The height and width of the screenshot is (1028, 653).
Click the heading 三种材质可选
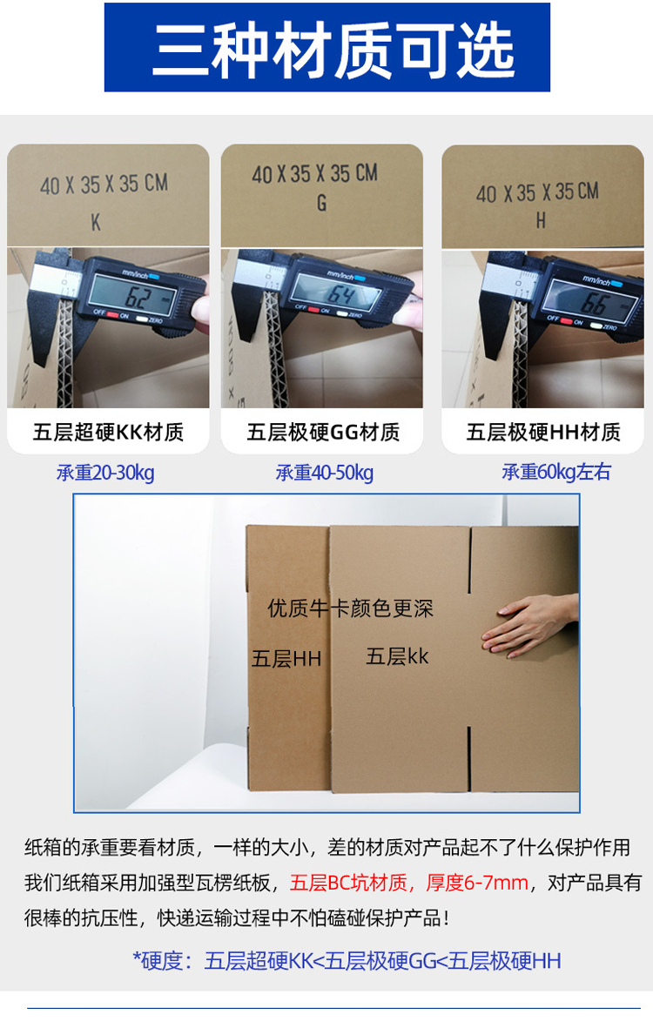tap(333, 49)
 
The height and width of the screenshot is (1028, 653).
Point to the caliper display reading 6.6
tap(594, 302)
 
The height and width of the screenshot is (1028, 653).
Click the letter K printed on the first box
tap(96, 223)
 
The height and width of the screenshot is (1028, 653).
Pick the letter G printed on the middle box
tap(321, 203)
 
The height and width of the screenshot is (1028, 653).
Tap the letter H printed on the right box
tap(541, 221)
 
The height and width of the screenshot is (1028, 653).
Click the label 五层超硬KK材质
tap(108, 432)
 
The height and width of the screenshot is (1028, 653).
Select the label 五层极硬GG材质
tap(323, 432)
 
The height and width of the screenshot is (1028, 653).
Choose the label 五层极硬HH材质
tap(542, 432)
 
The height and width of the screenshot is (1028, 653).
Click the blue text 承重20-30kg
tap(105, 473)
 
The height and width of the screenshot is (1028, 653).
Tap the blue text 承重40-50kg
tap(325, 473)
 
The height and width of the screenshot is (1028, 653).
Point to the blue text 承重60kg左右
tap(556, 472)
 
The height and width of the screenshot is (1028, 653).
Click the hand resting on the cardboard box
tap(529, 625)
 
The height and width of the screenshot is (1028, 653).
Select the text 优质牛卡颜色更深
tap(350, 608)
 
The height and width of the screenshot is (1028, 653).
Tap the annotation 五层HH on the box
tap(286, 658)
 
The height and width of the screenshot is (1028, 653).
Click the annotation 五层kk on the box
tap(397, 656)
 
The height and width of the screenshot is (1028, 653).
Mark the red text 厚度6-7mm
tap(476, 883)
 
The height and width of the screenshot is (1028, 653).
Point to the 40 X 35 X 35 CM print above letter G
tap(314, 173)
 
